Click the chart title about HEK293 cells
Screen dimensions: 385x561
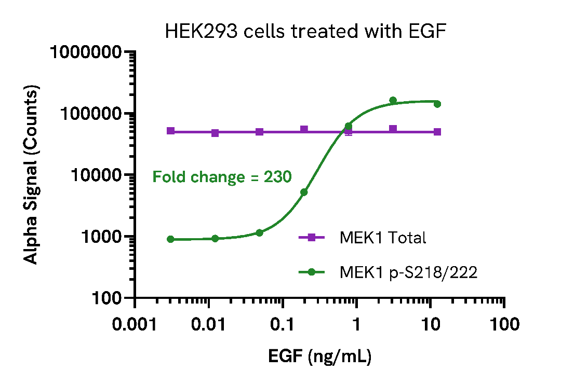[x=305, y=32]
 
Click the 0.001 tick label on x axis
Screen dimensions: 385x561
[x=135, y=325]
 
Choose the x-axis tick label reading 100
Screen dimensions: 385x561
[x=504, y=325]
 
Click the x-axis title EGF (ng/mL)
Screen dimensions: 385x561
[x=319, y=357]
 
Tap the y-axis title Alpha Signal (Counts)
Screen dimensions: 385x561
[x=32, y=175]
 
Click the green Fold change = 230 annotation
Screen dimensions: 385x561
[x=222, y=177]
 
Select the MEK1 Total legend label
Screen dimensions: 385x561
[x=383, y=238]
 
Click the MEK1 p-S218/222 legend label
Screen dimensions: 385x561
[x=408, y=272]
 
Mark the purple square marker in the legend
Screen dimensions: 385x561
[x=312, y=238]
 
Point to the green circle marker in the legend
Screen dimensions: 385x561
[x=312, y=272]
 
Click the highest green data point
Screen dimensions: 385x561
[x=393, y=100]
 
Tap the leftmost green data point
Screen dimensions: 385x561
[x=170, y=239]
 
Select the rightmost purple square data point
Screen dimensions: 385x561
[x=437, y=132]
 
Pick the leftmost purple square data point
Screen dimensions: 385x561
[x=170, y=131]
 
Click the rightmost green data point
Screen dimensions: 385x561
[x=437, y=104]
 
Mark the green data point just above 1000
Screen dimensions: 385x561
[x=259, y=232]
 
